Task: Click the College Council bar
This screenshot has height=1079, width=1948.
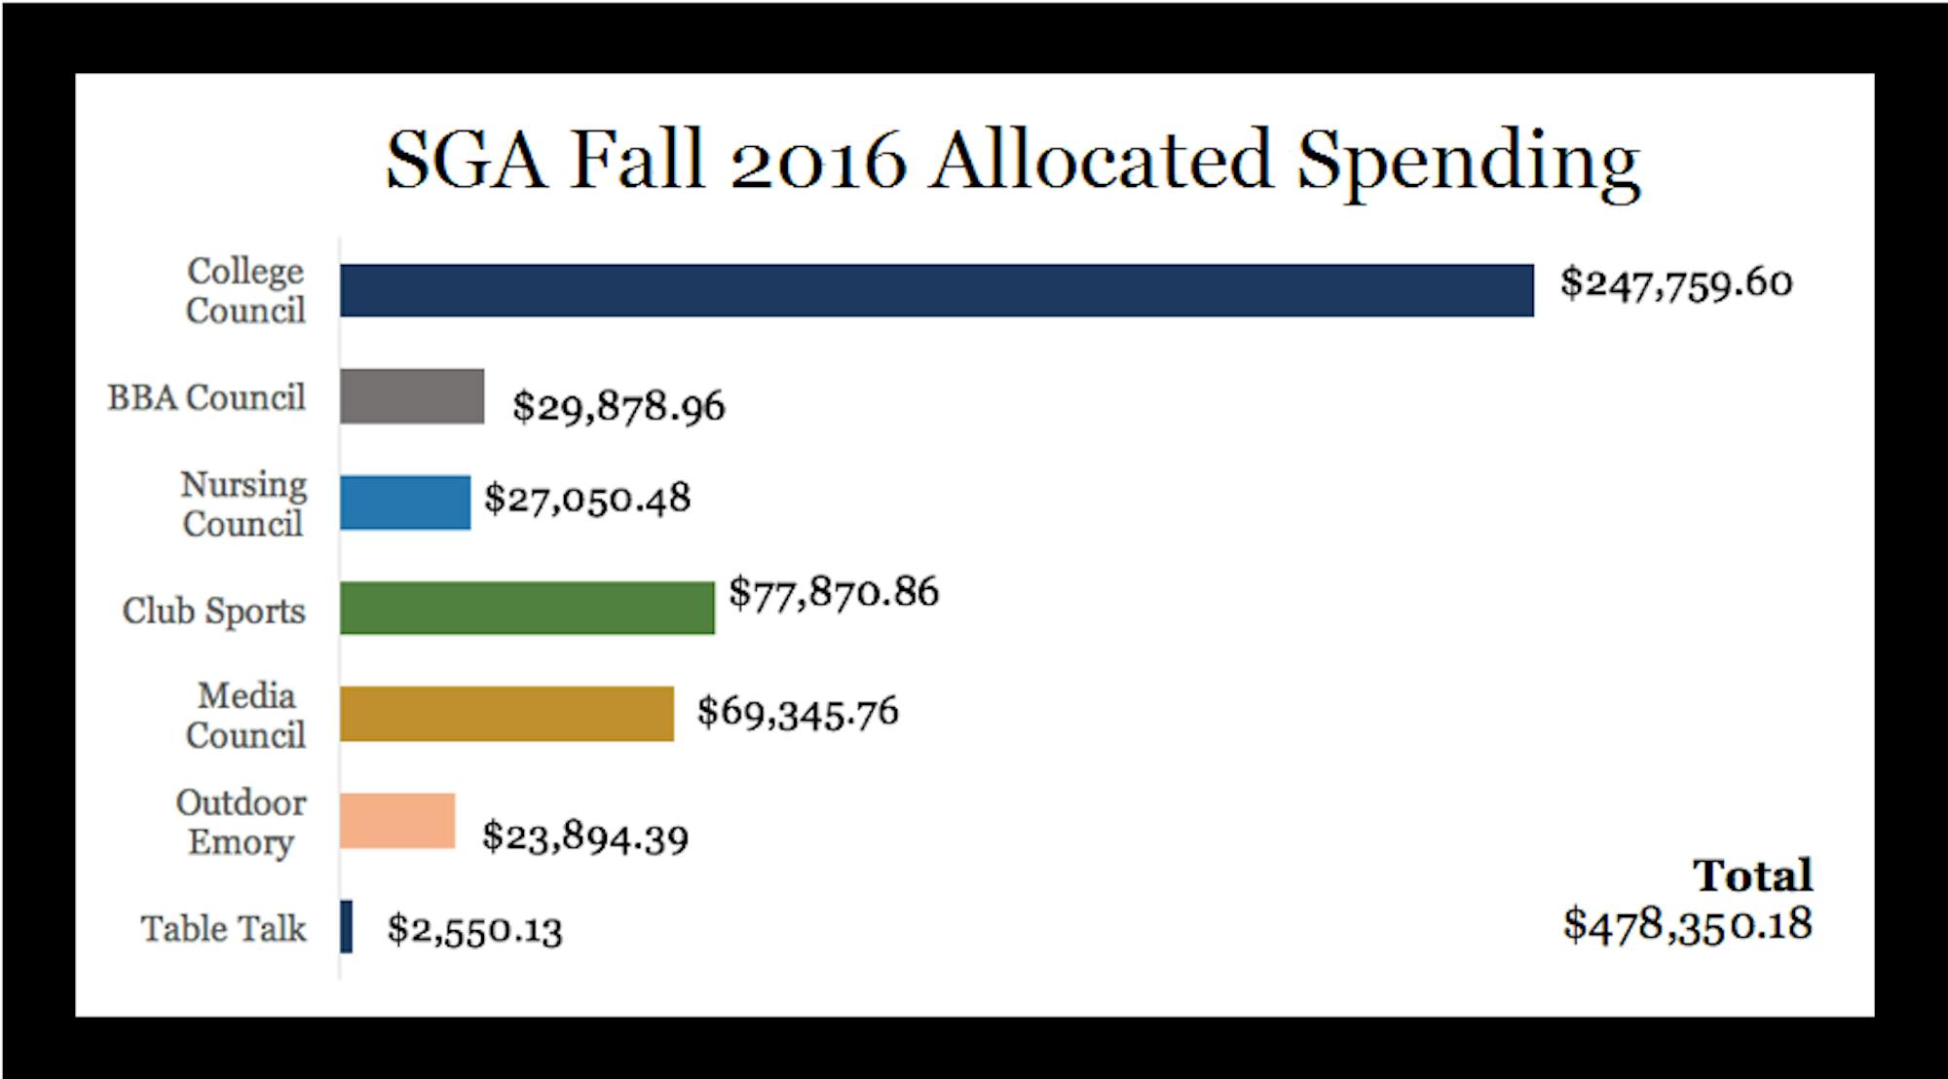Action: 936,290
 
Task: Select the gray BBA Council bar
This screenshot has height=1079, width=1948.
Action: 412,396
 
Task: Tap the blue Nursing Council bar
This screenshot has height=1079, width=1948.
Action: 405,502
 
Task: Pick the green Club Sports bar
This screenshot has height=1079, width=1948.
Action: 527,609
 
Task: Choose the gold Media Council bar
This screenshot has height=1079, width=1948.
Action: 506,714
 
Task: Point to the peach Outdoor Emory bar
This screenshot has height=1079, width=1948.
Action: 397,821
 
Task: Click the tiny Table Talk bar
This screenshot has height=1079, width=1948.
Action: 347,927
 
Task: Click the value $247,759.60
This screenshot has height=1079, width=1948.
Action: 1675,283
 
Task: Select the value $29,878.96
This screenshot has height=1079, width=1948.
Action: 618,406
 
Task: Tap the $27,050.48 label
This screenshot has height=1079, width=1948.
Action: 587,499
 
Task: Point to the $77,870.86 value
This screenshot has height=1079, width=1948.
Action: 834,592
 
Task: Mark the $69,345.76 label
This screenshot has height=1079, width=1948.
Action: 798,712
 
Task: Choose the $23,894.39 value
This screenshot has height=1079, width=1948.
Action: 585,837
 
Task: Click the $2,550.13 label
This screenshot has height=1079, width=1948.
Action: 474,930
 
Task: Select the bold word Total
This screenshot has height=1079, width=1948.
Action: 1752,875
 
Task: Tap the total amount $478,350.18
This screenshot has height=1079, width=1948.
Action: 1687,924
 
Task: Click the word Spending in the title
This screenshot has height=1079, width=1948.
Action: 1469,162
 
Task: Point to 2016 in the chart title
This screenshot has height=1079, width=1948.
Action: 818,162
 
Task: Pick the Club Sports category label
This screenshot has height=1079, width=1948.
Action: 213,612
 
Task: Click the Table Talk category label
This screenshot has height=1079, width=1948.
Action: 223,928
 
